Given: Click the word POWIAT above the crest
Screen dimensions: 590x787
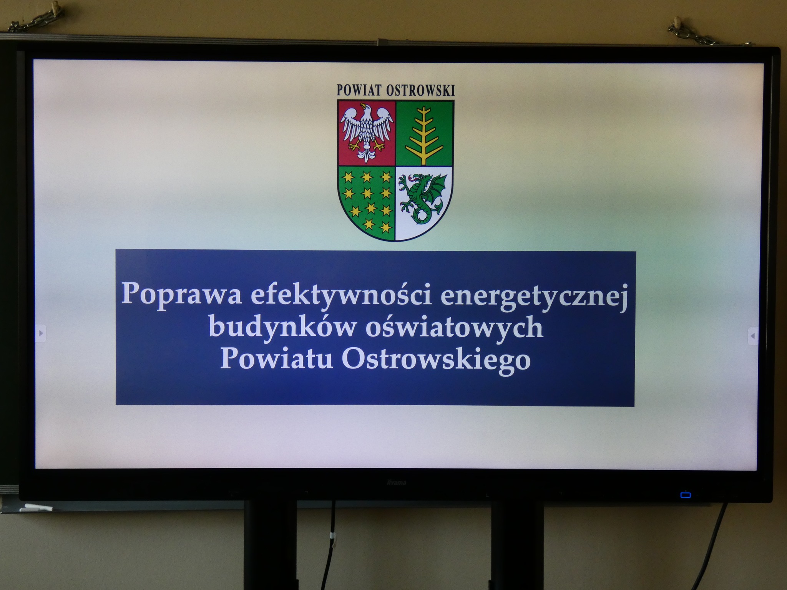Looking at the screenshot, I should pyautogui.click(x=360, y=90).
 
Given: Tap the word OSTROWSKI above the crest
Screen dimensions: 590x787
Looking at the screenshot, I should pyautogui.click(x=420, y=90).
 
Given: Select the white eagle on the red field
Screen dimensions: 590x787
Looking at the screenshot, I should pyautogui.click(x=367, y=131).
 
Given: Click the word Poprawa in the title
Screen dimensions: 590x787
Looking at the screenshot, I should pyautogui.click(x=181, y=294).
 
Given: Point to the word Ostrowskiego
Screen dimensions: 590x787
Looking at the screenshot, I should pyautogui.click(x=436, y=361).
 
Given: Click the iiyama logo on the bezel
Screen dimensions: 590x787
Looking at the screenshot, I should pyautogui.click(x=396, y=483).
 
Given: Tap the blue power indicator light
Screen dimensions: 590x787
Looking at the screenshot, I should pyautogui.click(x=685, y=495).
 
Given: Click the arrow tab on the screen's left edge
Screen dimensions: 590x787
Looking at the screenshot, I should pyautogui.click(x=41, y=333).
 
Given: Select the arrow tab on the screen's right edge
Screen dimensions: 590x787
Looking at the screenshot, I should pyautogui.click(x=752, y=336).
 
